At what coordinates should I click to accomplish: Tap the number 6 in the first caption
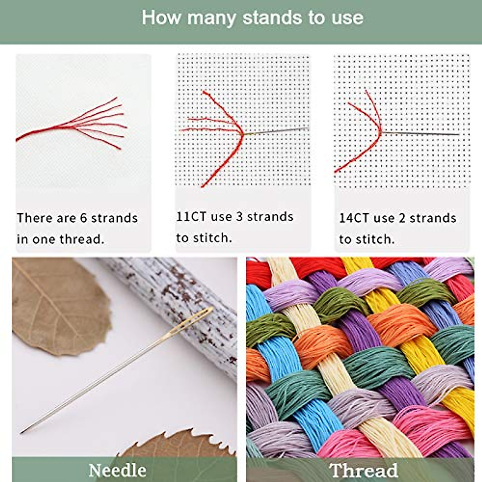(84, 218)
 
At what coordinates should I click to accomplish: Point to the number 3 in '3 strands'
(239, 217)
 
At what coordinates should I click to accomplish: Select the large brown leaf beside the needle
(56, 305)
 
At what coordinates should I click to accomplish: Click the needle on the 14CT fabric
(422, 134)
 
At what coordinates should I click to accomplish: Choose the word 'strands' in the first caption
(114, 218)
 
